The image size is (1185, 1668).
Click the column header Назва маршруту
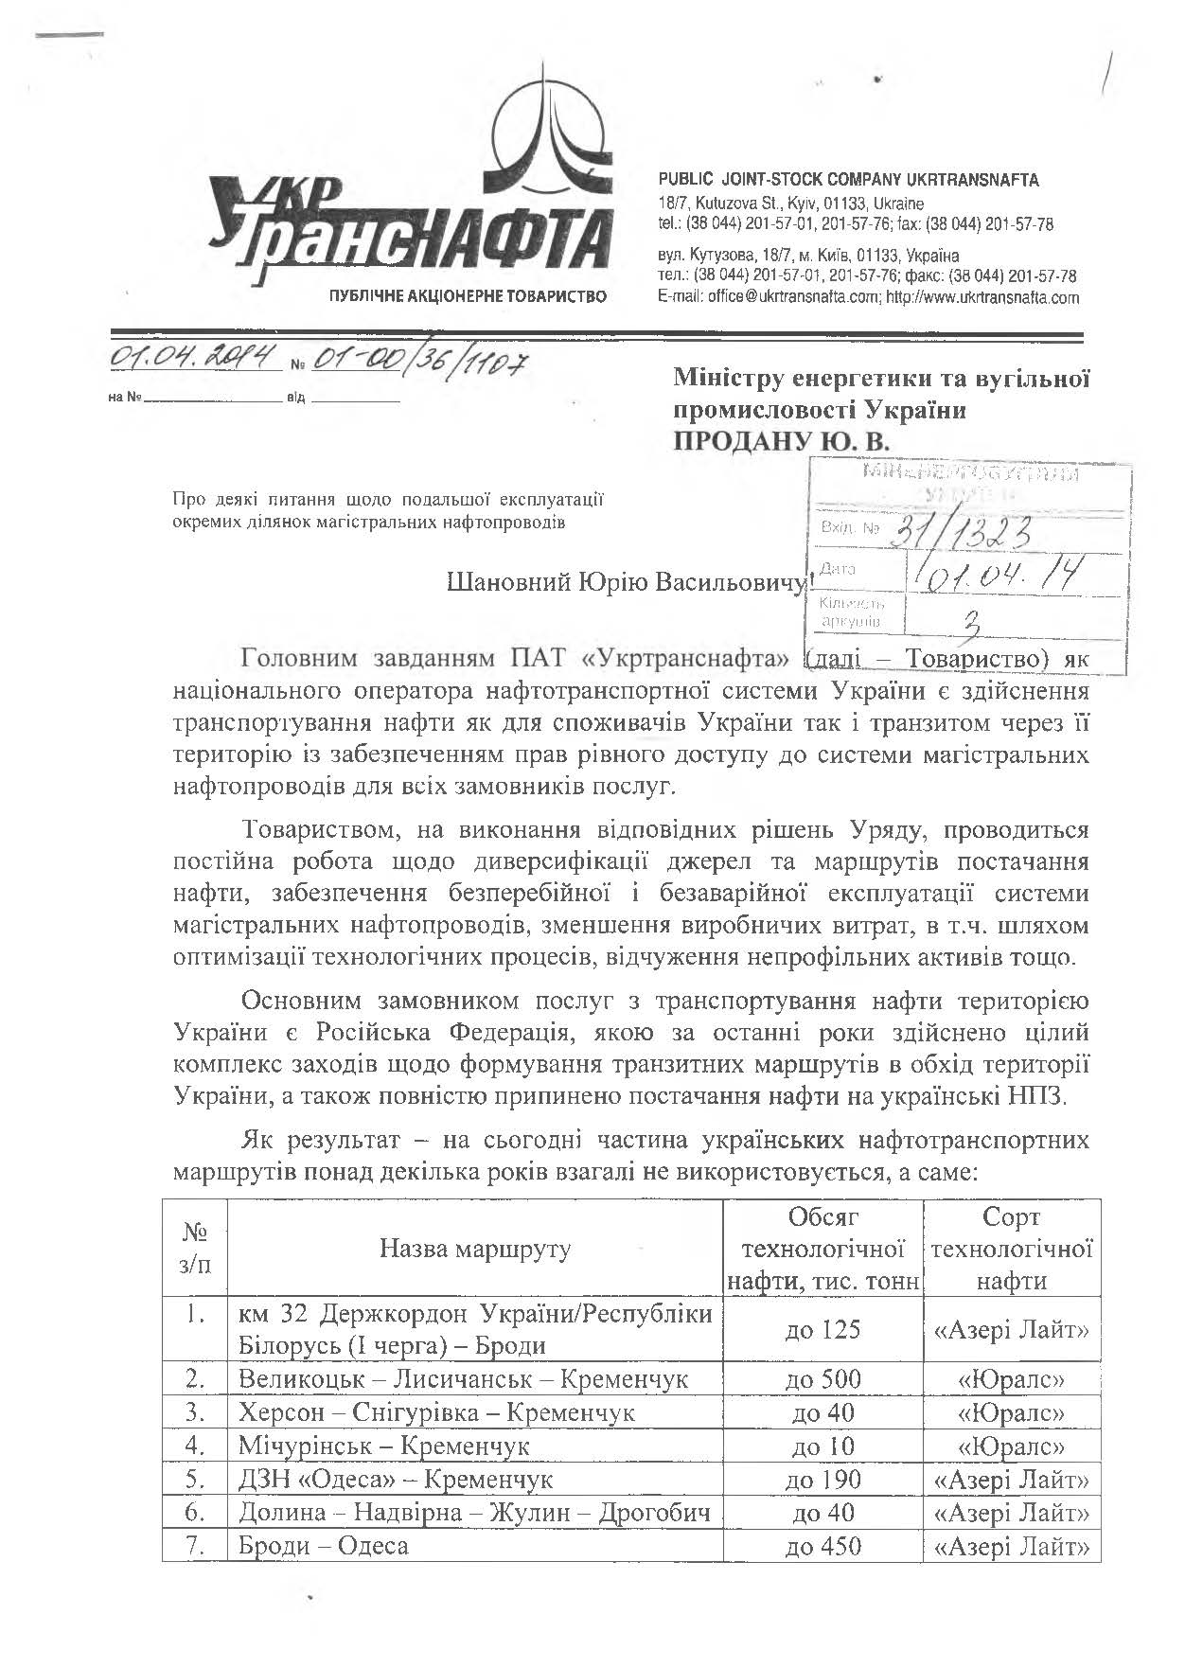pos(475,1248)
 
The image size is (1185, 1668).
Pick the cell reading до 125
pos(822,1329)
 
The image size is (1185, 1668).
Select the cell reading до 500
pos(822,1378)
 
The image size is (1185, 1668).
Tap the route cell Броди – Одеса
pos(324,1547)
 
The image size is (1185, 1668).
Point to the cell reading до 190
pos(822,1480)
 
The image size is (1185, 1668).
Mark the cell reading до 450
pos(822,1547)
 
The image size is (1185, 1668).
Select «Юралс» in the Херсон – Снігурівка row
pos(1011,1412)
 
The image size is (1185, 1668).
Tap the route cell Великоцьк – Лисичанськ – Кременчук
pos(463,1378)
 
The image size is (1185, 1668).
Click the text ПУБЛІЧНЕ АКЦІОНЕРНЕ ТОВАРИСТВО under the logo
pos(467,297)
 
